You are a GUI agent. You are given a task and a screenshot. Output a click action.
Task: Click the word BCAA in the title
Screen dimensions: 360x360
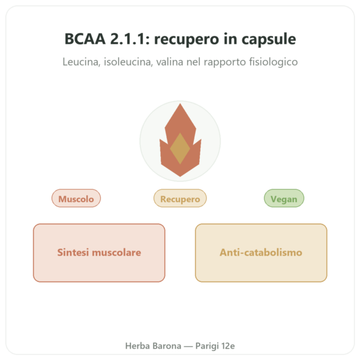[x=85, y=39]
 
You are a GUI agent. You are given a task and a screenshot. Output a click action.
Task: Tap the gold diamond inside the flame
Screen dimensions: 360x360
[x=180, y=148]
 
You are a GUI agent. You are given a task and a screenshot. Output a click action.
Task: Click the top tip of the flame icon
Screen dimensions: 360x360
[x=180, y=104]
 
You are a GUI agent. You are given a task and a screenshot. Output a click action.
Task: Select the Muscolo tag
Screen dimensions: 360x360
[x=76, y=198]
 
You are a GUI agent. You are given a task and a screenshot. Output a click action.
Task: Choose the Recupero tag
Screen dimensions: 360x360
[x=180, y=198]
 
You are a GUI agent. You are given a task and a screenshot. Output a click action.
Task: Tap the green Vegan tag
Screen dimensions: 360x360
[x=284, y=198]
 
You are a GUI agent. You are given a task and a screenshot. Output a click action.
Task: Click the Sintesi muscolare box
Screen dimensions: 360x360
[x=99, y=253]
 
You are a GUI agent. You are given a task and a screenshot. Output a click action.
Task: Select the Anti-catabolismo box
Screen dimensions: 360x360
[x=261, y=253]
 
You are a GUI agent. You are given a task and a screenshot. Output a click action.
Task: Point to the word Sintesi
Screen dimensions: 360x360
[x=73, y=253]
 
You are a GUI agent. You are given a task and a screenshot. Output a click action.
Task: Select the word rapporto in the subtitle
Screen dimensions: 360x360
[x=225, y=62]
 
